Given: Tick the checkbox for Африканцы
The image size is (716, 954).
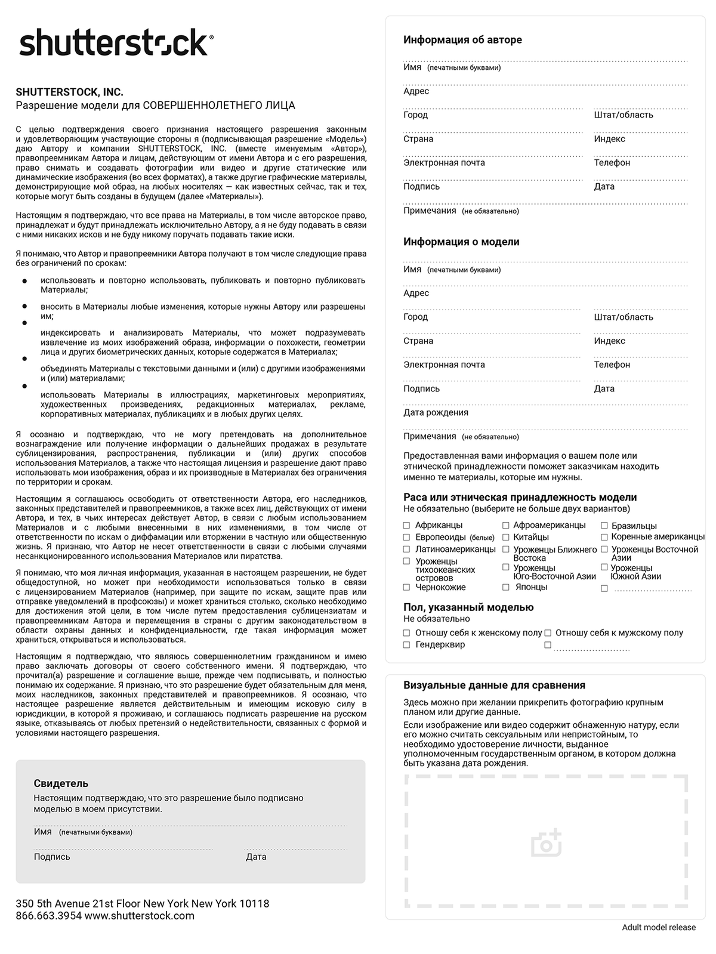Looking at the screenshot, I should coord(407,526).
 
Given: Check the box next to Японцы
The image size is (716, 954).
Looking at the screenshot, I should coord(505,587).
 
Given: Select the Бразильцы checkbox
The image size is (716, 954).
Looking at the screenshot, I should coord(604,526).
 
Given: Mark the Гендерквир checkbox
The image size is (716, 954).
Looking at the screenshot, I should coord(407,645).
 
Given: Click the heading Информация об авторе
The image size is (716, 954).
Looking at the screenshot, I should coord(462,40).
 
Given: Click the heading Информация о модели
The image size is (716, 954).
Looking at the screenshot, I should coord(461,242).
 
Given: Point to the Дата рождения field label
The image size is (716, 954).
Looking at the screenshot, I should coord(436,412).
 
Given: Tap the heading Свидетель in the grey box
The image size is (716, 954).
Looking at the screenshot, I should coord(61,783).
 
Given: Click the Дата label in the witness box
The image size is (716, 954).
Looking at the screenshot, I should coord(256,857).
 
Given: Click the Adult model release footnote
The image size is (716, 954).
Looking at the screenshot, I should coord(659,927).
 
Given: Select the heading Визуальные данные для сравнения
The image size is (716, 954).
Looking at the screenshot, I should coord(494,685).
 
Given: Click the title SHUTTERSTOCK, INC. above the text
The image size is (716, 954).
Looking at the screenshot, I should coord(69,92).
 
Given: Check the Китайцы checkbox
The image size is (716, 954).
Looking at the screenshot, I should coord(505,537).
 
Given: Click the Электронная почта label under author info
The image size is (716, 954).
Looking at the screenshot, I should coord(444,163).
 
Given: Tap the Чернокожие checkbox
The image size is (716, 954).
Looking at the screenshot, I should coord(407,587).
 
